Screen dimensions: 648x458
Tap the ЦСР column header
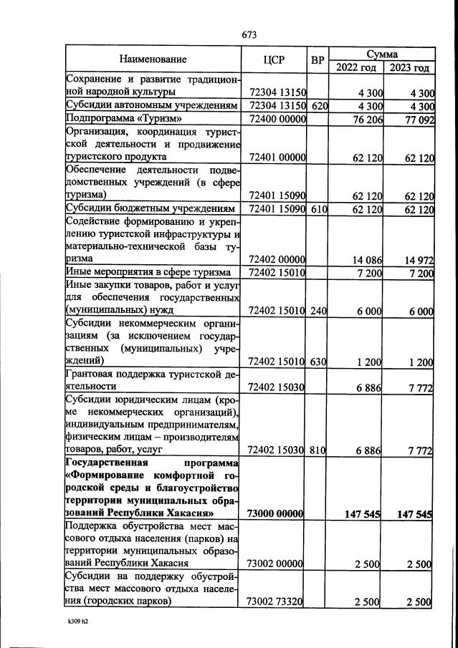pos(275,59)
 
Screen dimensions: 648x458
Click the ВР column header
pos(318,59)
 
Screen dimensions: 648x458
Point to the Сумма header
pos(382,53)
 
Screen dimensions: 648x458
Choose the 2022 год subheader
pos(356,67)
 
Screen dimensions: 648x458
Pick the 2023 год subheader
pos(409,67)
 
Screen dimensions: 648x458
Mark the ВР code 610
pos(319,209)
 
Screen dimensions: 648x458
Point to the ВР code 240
pos(319,311)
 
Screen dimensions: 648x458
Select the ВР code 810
pos(319,450)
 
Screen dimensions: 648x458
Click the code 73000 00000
pos(277,514)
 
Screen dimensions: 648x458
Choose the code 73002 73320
pos(277,601)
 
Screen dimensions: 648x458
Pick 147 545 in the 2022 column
pos(363,514)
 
